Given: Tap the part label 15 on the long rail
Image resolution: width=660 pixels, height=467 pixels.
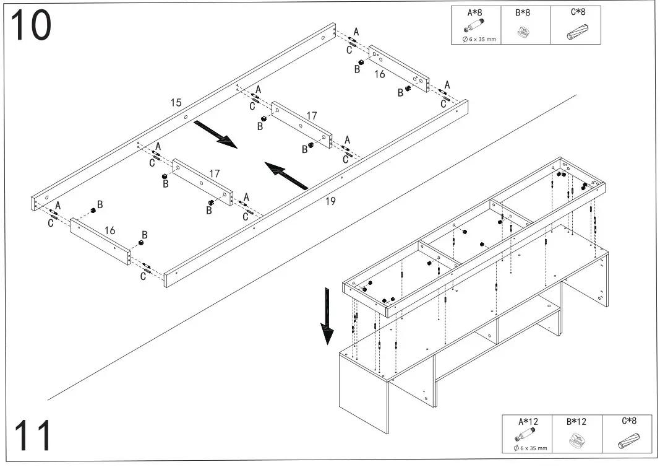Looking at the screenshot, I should [176, 102].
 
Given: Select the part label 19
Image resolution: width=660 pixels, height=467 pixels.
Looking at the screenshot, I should [330, 201].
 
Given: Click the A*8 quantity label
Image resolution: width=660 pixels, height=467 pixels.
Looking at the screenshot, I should [476, 12].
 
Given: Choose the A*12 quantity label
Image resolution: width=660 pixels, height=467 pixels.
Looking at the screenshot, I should [527, 422].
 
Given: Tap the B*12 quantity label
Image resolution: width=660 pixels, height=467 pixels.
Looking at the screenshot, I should [576, 422].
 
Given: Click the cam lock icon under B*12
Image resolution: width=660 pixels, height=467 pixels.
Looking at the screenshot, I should [576, 441].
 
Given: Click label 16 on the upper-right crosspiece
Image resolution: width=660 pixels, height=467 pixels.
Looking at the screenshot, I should [379, 74].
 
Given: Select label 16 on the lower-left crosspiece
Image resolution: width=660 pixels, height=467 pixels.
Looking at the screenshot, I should [109, 230].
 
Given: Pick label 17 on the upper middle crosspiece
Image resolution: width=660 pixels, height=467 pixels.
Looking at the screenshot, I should [312, 116].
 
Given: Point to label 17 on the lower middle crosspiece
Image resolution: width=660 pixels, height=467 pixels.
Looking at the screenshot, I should [214, 174].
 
